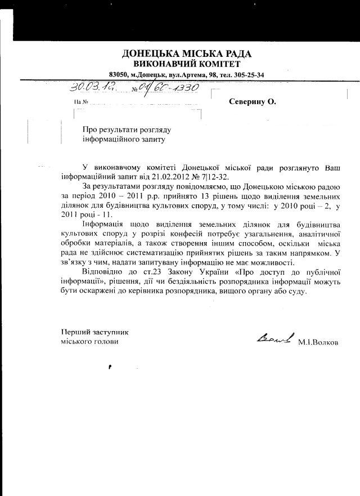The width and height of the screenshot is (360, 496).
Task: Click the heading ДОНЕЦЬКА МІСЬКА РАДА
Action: click(187, 54)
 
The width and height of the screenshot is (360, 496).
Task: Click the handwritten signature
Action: click(274, 338)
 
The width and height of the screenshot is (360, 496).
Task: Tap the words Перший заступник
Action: click(90, 332)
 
